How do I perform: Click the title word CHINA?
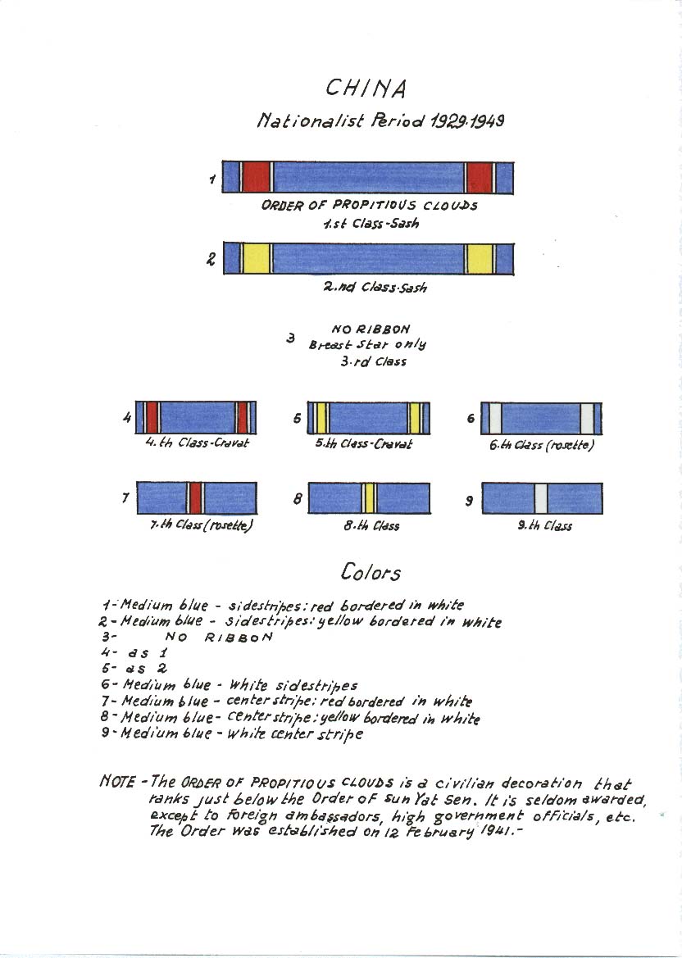point(366,89)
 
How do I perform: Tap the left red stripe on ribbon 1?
point(256,177)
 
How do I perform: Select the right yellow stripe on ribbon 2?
point(479,258)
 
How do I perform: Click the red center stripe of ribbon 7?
point(195,498)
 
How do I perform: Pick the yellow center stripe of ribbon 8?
point(369,498)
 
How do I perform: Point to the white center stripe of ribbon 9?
point(541,498)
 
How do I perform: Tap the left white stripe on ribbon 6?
point(495,419)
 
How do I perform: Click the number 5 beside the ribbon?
point(297,419)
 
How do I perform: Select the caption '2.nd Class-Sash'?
point(375,287)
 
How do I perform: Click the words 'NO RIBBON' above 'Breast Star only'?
point(371,329)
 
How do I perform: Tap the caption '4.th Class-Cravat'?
point(198,443)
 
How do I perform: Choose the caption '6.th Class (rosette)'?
point(542,445)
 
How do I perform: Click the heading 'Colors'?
point(371,572)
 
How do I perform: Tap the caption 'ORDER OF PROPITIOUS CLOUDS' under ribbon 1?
point(369,205)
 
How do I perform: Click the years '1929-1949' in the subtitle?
point(467,120)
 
